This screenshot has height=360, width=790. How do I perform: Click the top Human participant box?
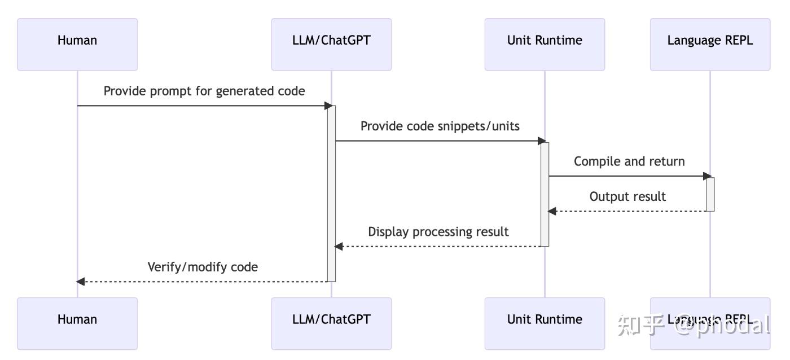[x=77, y=44]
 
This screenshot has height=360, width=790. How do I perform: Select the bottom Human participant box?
[x=77, y=323]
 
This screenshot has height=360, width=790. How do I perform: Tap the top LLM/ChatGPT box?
[x=331, y=44]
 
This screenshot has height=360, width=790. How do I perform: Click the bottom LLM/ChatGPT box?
[x=331, y=323]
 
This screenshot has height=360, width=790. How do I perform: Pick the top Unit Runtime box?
[x=545, y=44]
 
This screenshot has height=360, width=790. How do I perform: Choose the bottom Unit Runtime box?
[x=545, y=323]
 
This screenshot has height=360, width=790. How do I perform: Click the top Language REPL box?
[x=710, y=44]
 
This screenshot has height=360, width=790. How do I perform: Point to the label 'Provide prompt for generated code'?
[x=204, y=91]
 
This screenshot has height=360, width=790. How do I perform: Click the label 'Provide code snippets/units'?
[x=440, y=126]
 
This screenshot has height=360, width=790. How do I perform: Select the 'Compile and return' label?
[x=629, y=161]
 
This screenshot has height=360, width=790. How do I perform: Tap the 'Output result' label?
[x=627, y=196]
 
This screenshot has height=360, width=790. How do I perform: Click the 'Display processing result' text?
[x=438, y=231]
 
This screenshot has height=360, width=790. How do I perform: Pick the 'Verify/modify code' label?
[x=203, y=267]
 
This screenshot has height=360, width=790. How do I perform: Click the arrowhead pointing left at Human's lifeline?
[x=81, y=281]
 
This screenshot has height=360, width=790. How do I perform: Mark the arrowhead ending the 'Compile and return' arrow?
[x=708, y=176]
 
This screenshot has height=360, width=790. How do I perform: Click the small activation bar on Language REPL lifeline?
[x=710, y=194]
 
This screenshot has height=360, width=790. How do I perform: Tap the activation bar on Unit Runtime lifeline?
[x=545, y=194]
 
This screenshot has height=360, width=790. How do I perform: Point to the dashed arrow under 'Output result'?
[x=626, y=211]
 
